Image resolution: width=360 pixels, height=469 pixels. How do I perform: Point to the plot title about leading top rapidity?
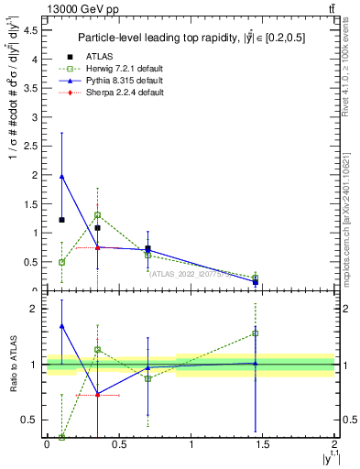click(190, 38)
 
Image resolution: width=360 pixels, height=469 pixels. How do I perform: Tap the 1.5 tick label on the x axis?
click(263, 444)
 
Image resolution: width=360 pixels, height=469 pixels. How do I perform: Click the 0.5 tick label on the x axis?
click(119, 444)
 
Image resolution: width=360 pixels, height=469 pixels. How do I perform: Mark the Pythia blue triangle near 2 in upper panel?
click(61, 176)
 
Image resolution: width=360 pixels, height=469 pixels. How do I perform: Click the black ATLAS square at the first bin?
click(61, 220)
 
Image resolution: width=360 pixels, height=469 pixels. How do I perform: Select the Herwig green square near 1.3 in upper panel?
click(97, 215)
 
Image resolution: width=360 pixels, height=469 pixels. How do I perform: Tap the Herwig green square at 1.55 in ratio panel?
click(255, 333)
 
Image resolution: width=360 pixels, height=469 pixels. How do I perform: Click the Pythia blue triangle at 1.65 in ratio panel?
click(61, 325)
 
